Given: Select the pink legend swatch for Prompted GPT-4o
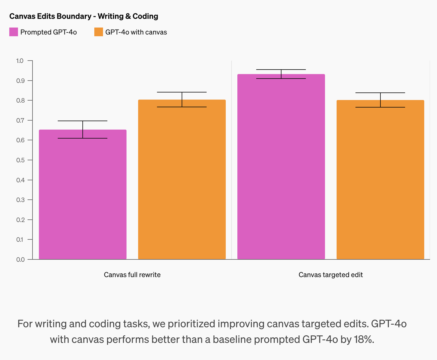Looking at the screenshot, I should click(14, 32).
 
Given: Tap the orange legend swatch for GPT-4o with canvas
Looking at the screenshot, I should click(99, 32).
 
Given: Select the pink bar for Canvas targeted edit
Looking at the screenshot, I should click(281, 168).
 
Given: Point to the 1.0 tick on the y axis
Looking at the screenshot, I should click(20, 61).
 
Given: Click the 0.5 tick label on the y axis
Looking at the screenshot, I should click(20, 160).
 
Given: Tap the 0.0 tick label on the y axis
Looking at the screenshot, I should click(20, 259).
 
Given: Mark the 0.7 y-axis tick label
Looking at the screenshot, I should click(20, 120).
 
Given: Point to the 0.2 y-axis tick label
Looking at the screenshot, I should click(20, 220).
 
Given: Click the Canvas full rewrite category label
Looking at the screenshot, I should click(132, 275).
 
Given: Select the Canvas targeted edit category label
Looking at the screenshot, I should click(331, 275).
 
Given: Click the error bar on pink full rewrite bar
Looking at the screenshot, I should click(83, 129).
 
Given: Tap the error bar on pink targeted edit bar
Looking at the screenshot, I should click(281, 74).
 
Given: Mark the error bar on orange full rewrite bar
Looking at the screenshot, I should click(182, 99).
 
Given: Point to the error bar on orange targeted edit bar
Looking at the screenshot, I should click(380, 100).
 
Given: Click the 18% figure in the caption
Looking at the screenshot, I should click(363, 339).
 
